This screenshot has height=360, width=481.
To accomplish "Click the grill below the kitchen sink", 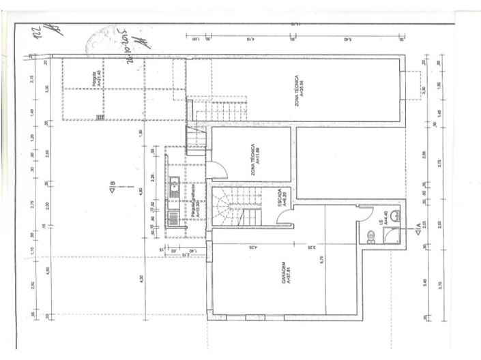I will click(173, 220).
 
